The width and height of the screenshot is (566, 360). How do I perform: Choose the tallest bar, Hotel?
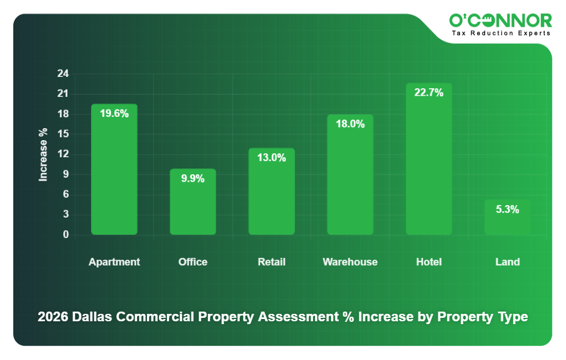[x=429, y=165]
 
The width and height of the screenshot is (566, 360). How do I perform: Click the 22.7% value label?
[x=429, y=93]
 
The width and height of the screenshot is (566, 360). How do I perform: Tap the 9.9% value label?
[x=192, y=178]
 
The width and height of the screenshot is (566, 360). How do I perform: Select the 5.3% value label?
[x=507, y=210]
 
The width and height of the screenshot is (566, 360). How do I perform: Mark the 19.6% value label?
[x=114, y=113]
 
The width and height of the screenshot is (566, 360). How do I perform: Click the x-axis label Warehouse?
[x=350, y=262]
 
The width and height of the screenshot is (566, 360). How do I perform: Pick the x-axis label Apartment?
[x=114, y=262]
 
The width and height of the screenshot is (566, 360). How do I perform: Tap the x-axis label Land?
[x=507, y=262]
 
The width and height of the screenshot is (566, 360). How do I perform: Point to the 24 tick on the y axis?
[x=63, y=74]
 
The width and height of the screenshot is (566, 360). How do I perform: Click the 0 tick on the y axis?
[x=65, y=235]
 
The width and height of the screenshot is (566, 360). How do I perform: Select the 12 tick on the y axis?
[x=63, y=154]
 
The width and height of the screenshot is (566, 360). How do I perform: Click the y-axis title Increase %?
[x=43, y=154]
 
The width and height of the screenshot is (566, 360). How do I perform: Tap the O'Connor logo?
[x=501, y=21]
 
